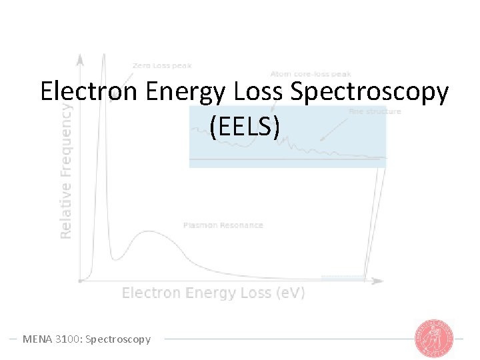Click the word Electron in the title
click(x=88, y=91)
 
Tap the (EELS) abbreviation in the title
click(x=243, y=126)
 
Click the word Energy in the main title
click(x=185, y=93)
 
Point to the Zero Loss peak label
click(x=162, y=65)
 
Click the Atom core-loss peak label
click(x=311, y=73)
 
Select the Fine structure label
click(x=375, y=111)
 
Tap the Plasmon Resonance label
click(x=223, y=225)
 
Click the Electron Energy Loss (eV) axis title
click(x=213, y=293)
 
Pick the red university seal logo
click(x=434, y=338)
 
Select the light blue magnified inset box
click(x=287, y=137)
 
